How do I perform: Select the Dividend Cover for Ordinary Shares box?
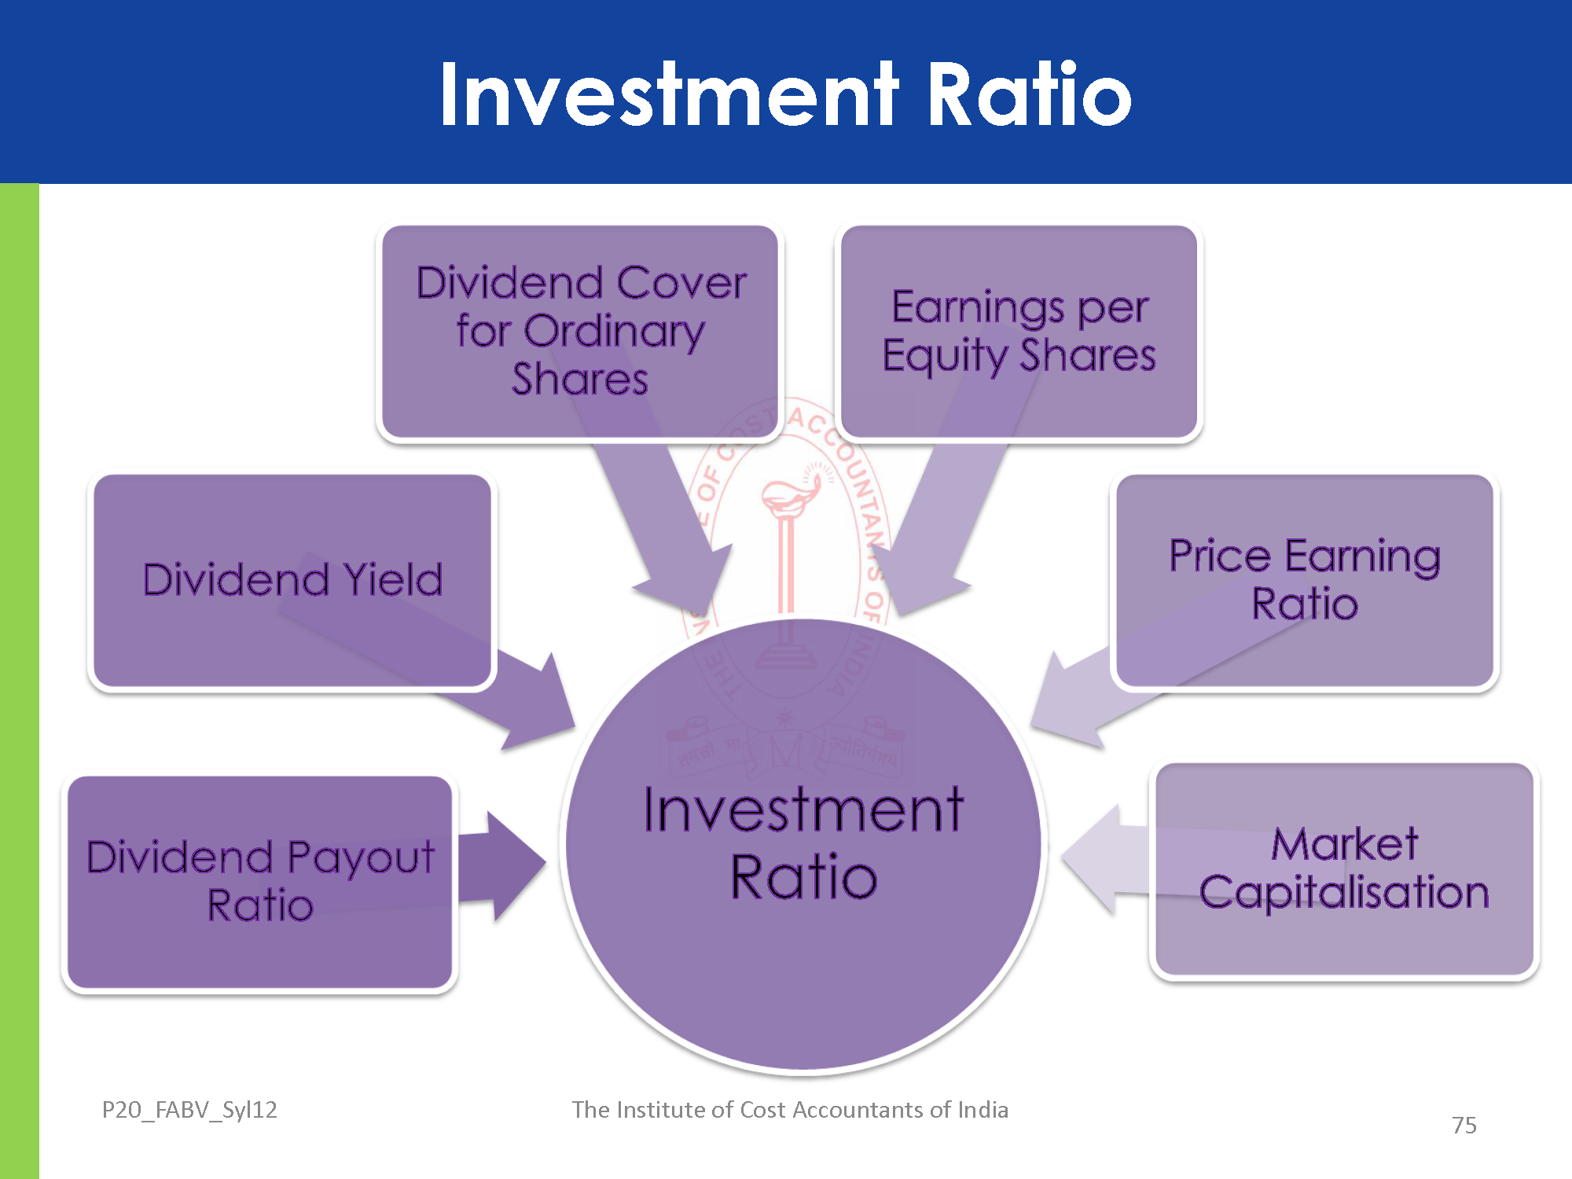click(580, 330)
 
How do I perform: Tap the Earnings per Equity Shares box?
click(1019, 330)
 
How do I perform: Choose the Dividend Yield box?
click(292, 580)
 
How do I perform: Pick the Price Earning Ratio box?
click(1305, 580)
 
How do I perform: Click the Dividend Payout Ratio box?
click(259, 880)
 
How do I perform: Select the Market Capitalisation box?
click(1344, 869)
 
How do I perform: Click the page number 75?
click(1464, 1125)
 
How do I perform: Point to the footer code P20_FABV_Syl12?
click(189, 1109)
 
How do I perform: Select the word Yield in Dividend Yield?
click(393, 580)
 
